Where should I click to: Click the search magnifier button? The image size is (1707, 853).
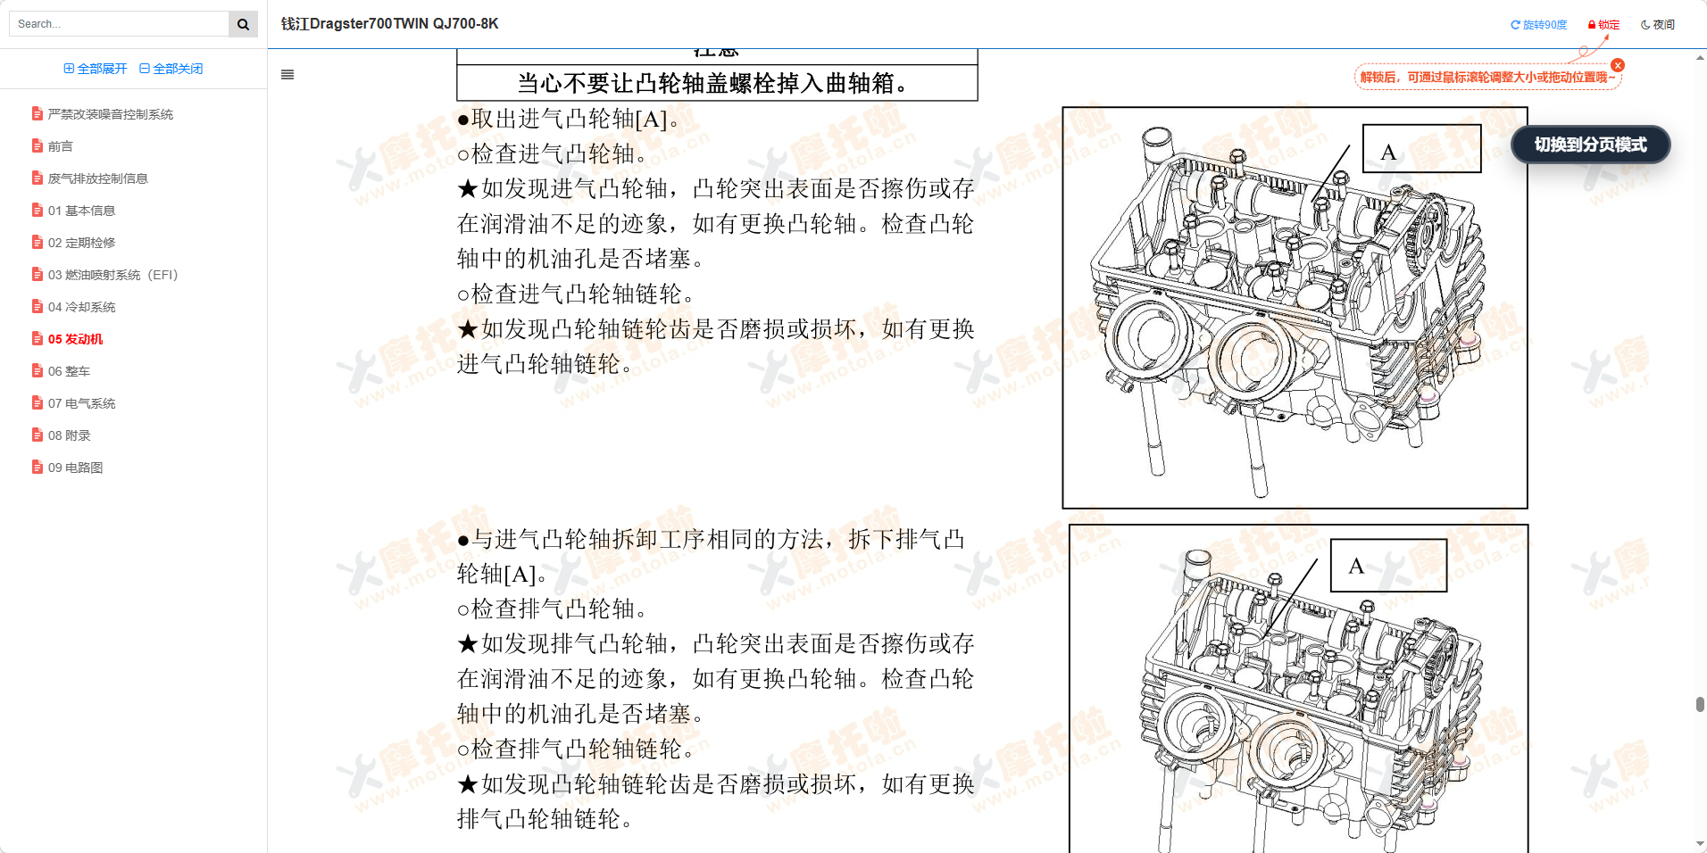pos(243,24)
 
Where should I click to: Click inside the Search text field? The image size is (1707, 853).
pos(119,24)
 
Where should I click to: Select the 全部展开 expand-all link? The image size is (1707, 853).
pos(96,69)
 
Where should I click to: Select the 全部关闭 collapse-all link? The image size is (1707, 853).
pos(171,69)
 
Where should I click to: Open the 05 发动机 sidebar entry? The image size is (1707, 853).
pos(75,339)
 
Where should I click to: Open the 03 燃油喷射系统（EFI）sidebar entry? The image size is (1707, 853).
pos(112,275)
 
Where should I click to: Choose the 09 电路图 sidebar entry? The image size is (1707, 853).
pos(75,468)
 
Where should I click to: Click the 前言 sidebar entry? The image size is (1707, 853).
pos(60,146)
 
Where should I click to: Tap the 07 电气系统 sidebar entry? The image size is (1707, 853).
pos(81,403)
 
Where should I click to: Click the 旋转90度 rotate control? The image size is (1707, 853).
pos(1538,25)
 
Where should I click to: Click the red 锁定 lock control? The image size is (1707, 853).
pos(1603,25)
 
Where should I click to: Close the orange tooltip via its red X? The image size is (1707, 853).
pos(1618,65)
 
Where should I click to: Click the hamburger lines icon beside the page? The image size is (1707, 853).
pos(287,75)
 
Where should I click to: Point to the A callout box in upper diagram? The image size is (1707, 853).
pos(1421,149)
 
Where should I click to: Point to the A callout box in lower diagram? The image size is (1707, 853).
pos(1388,566)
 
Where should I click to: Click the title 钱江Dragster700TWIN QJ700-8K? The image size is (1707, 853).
pos(389,24)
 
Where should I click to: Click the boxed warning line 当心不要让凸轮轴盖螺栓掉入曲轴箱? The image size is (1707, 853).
pos(716,83)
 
